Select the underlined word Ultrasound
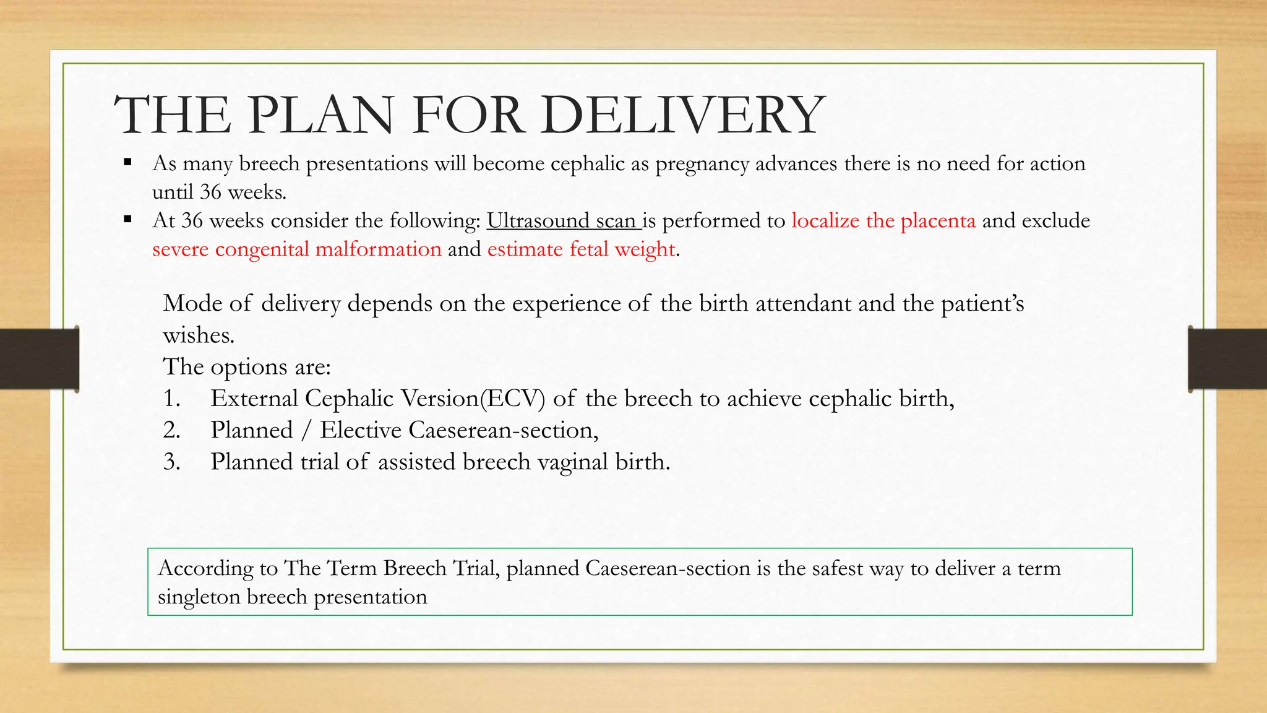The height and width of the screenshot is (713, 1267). tap(538, 220)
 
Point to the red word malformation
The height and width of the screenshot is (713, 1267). tap(378, 249)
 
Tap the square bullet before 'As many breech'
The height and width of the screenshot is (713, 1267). tap(127, 163)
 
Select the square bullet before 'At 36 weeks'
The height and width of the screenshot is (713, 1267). tap(127, 219)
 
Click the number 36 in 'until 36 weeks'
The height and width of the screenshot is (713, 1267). tap(210, 192)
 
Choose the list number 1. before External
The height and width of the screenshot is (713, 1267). tap(172, 398)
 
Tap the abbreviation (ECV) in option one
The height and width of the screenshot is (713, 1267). tap(512, 398)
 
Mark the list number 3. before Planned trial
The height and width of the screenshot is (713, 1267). tap(172, 462)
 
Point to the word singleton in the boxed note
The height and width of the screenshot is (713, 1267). tap(199, 597)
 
